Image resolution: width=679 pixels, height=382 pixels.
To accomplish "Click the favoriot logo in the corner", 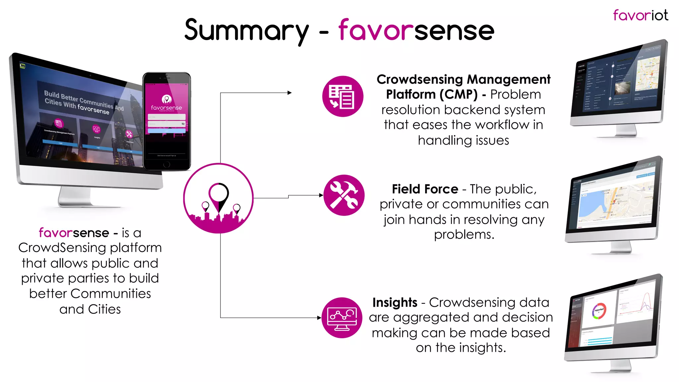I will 640,16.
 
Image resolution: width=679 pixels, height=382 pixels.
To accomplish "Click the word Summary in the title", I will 246,31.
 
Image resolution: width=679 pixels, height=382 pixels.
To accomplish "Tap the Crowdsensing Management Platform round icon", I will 342,96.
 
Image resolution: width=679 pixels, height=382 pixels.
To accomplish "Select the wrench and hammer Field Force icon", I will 344,195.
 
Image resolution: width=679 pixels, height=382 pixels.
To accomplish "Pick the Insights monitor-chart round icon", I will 342,318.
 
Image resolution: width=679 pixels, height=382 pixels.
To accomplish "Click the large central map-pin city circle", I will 218,198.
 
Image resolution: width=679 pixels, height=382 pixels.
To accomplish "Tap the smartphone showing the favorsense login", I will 166,121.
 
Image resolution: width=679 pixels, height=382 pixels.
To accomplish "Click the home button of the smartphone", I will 167,164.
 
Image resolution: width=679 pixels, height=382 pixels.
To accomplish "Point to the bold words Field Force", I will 425,189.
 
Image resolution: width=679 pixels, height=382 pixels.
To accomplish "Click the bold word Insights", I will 395,302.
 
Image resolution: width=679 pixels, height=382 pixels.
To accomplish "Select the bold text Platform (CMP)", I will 431,95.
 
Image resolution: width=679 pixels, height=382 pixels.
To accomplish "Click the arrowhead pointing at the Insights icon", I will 319,318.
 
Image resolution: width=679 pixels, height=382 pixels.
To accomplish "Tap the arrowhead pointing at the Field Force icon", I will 321,195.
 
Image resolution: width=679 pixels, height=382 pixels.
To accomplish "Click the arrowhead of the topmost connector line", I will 289,93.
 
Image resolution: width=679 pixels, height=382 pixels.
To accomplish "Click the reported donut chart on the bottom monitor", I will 599,311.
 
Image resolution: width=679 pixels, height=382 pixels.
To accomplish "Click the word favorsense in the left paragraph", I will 74,233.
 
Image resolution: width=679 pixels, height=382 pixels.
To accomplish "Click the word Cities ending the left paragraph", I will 104,309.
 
